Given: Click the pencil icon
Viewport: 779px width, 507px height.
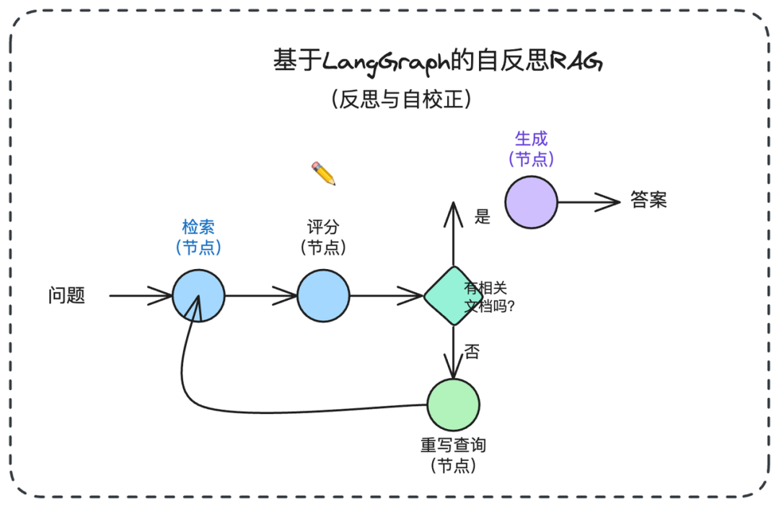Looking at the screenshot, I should tap(323, 173).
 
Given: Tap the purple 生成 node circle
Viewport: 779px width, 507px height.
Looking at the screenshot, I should tap(531, 202).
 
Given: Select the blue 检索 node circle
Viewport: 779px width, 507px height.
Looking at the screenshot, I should tap(198, 296).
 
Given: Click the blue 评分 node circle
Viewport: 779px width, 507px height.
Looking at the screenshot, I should tap(323, 296).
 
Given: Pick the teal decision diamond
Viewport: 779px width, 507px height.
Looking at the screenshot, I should tap(452, 296).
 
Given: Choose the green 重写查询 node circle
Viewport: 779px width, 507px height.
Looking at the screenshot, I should tap(453, 405).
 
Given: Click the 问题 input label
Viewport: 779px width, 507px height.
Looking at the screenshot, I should tap(67, 296).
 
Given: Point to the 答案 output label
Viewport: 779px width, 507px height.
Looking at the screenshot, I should tap(648, 200).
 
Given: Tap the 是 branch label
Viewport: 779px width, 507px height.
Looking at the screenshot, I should tap(483, 217).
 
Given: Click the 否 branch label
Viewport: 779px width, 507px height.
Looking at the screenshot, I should tap(471, 353).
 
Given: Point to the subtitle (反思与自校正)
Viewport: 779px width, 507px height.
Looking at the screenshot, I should tap(402, 98).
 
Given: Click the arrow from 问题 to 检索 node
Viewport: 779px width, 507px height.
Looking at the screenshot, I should tap(141, 296).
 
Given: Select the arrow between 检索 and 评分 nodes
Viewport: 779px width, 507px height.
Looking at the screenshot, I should tap(261, 296).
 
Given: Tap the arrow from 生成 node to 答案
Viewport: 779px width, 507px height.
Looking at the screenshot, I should tap(588, 202).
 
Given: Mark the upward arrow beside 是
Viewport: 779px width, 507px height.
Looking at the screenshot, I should tap(452, 234).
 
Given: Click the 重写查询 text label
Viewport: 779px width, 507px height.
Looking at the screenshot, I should tap(453, 445).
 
